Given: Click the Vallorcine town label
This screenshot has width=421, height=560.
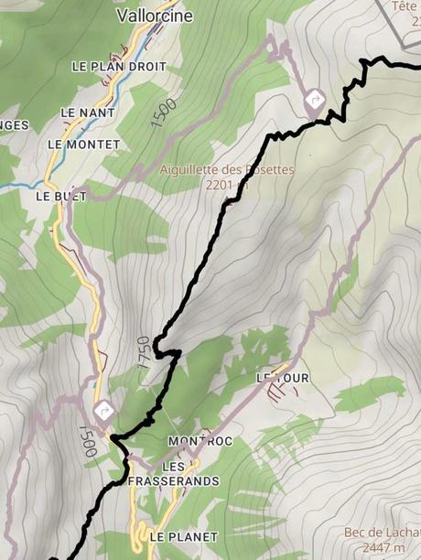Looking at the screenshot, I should pos(146,16).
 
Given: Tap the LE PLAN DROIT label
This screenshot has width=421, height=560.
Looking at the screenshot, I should pos(119,67).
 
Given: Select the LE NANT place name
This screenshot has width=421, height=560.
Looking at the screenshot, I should pos(81,112).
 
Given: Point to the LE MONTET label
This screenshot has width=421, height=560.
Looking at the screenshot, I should pos(83,145).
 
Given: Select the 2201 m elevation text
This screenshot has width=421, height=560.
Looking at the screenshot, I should pos(228,184).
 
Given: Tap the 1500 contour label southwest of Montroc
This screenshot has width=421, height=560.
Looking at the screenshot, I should pos(89,441).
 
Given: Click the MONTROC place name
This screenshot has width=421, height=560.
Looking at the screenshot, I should pos(200,441).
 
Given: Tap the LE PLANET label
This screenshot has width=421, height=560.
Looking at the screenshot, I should pos(183,536).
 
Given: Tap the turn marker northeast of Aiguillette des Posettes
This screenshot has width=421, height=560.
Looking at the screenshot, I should pos(316,99).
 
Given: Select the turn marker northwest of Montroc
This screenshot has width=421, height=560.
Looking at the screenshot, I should pos(103,410).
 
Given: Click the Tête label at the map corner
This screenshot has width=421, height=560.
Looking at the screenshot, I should pos(405,6).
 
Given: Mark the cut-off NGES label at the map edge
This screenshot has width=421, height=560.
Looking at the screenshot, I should pos(14,125).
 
